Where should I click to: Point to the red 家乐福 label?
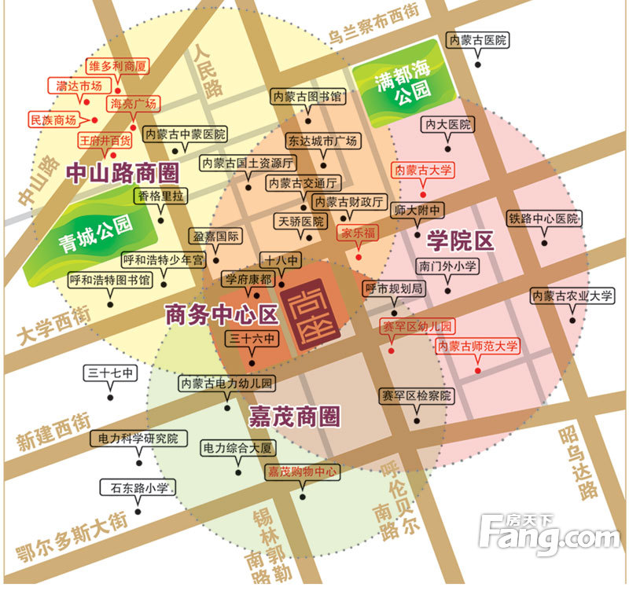pos(359,233)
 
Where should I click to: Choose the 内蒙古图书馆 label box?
pos(307,97)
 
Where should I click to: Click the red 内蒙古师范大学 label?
pos(479,346)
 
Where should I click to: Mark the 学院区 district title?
pos(460,240)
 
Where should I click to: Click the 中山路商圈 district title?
pos(121,171)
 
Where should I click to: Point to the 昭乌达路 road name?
pos(579,464)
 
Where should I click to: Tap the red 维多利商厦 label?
pos(119,67)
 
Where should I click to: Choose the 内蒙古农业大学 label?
pos(572,296)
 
